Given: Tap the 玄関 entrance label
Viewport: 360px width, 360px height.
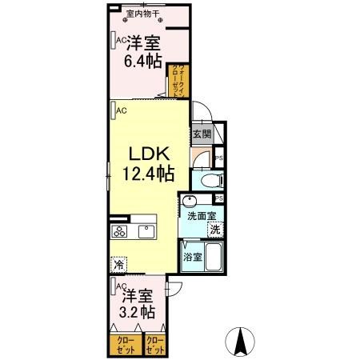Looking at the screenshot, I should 201,134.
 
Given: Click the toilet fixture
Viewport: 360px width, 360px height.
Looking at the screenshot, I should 210,180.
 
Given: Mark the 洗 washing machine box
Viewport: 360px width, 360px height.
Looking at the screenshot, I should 214,230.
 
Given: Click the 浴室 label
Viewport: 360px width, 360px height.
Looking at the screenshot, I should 192,258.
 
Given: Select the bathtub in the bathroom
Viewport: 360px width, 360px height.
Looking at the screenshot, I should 212,257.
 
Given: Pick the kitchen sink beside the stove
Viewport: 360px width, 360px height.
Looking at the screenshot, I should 147,232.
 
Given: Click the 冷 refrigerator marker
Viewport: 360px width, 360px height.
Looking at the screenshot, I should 118,263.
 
